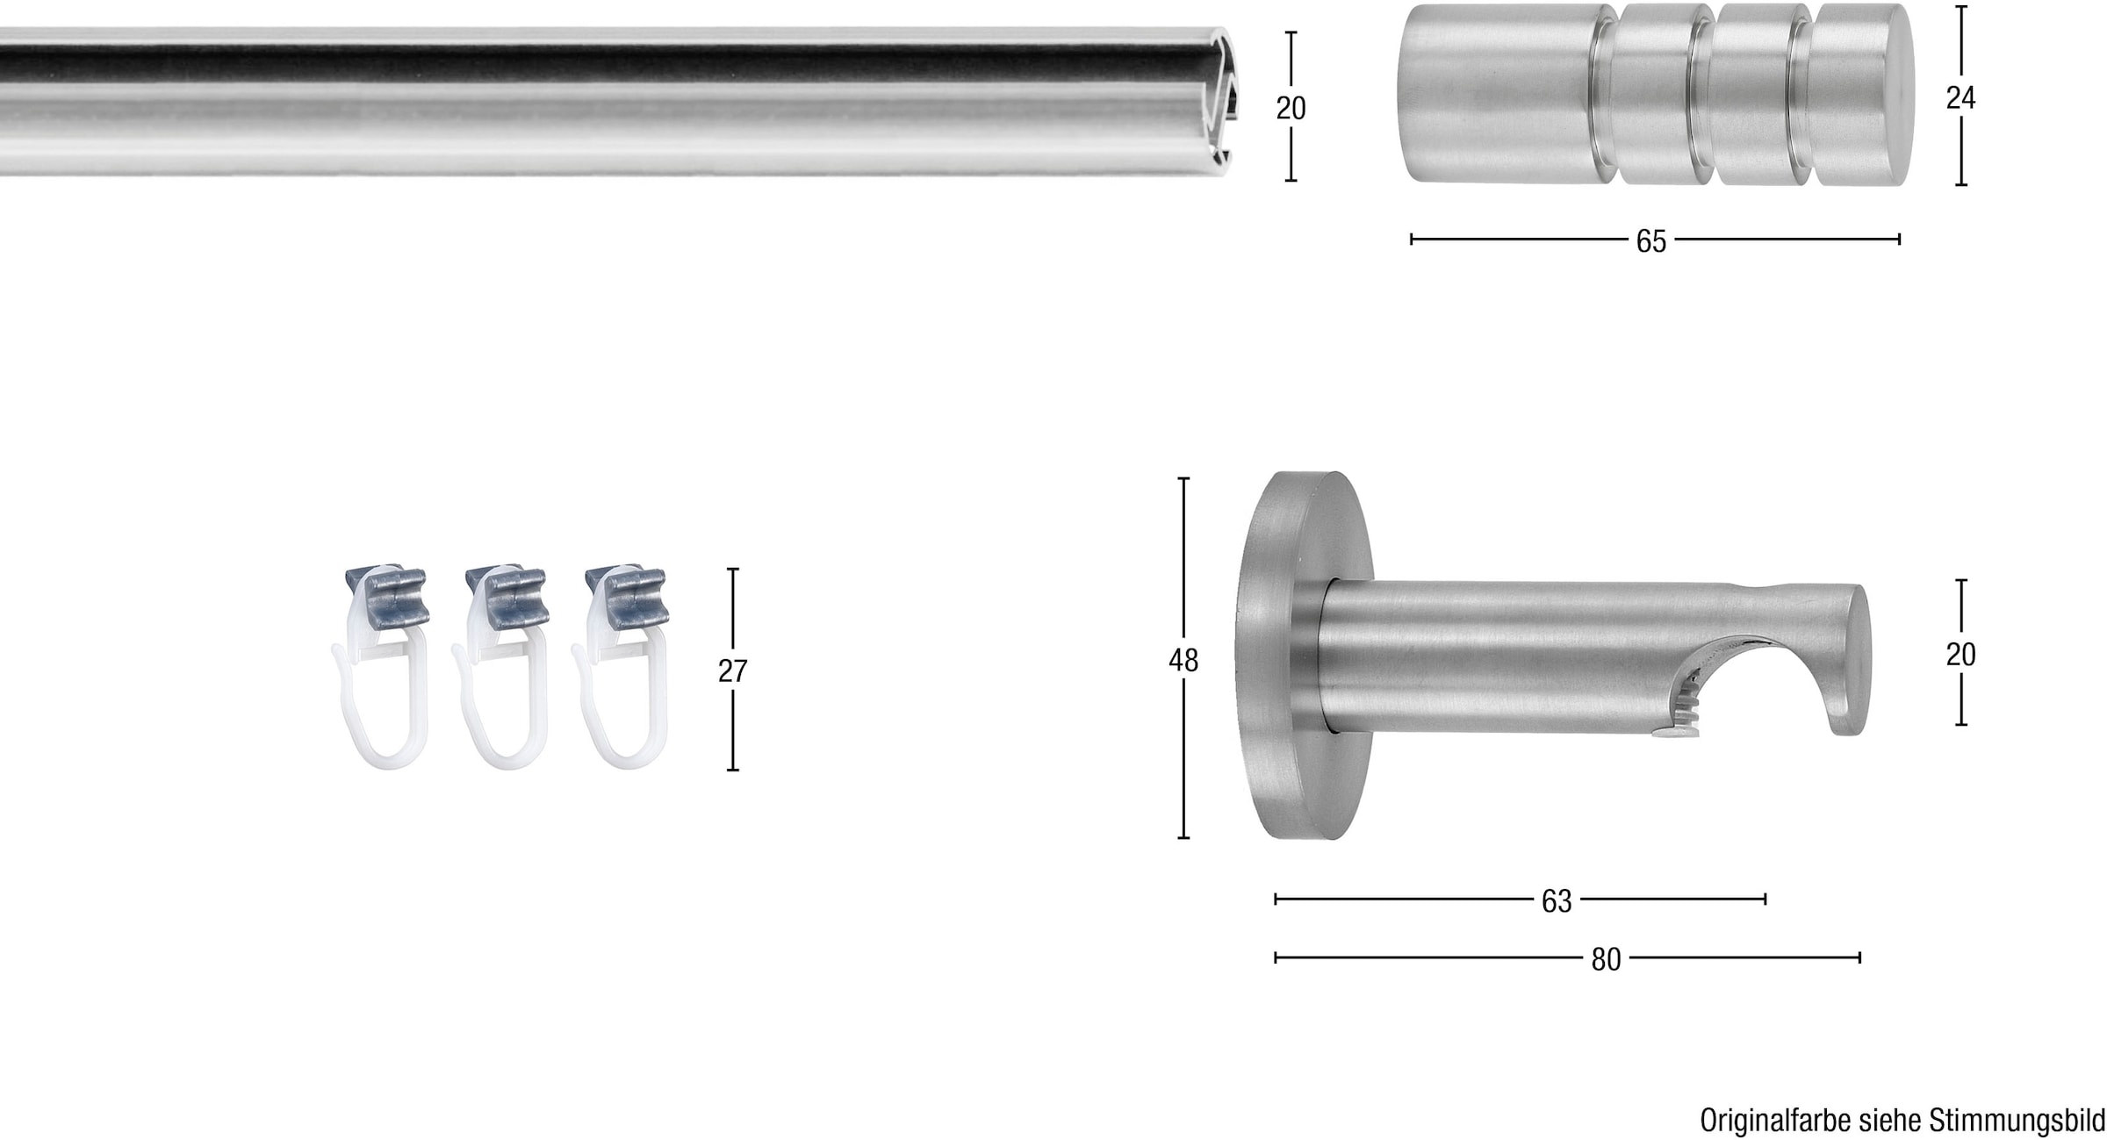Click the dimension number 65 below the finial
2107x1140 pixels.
click(1650, 241)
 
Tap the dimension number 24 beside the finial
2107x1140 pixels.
click(1960, 98)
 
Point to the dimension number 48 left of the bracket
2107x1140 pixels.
click(1183, 660)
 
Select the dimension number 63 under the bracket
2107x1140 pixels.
click(1557, 900)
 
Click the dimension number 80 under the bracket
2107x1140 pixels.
click(1606, 959)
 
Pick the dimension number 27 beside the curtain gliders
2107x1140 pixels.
click(732, 670)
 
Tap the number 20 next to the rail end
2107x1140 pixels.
click(1291, 108)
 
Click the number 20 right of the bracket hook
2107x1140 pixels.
click(1960, 654)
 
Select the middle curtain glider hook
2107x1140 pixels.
click(501, 702)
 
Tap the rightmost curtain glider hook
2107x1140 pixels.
click(621, 702)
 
